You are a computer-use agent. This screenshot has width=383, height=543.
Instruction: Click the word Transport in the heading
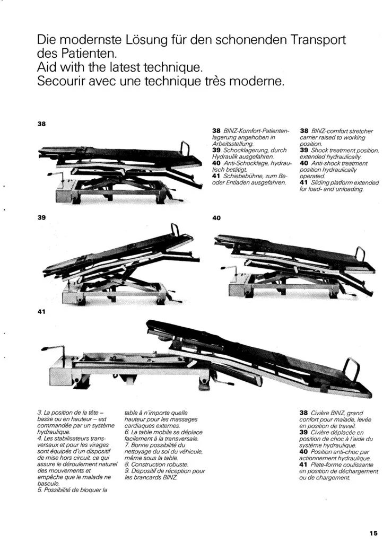[318, 40]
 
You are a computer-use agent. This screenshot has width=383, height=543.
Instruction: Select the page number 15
[373, 533]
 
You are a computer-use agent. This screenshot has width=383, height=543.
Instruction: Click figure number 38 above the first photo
[41, 124]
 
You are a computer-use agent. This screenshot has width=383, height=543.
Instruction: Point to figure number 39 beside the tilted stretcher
[41, 217]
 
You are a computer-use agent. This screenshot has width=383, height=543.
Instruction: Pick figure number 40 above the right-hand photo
[216, 218]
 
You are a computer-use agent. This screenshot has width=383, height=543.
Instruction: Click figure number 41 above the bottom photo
[41, 312]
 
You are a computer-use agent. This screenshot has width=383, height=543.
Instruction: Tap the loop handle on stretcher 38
[185, 149]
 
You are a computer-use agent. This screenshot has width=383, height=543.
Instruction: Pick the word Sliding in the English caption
[320, 183]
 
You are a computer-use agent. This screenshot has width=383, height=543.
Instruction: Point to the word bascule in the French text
[48, 484]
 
